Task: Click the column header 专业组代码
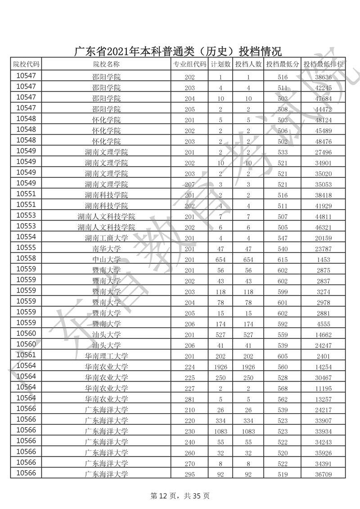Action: click(x=189, y=64)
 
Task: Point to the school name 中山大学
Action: click(x=106, y=260)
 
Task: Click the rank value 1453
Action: click(x=323, y=260)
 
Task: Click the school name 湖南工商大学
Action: click(x=106, y=238)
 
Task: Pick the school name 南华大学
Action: click(x=106, y=249)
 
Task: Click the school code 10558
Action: click(x=29, y=259)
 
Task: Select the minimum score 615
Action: click(x=283, y=260)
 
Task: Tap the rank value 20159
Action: click(x=323, y=238)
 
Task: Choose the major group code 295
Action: click(x=189, y=474)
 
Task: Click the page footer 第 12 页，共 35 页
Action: click(x=180, y=496)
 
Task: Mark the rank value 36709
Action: click(x=323, y=474)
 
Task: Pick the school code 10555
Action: click(x=29, y=248)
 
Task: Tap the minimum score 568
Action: click(x=283, y=388)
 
